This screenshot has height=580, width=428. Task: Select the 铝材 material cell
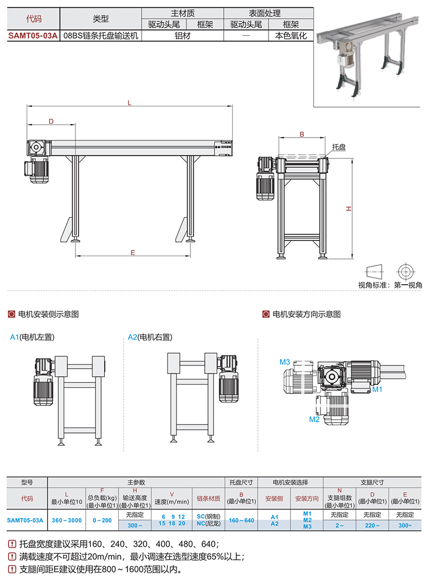(182, 36)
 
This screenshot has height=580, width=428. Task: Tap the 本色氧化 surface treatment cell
(291, 36)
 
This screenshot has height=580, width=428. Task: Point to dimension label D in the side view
(51, 121)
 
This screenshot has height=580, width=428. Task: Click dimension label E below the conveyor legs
(132, 251)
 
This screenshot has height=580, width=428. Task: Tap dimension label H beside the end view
(348, 208)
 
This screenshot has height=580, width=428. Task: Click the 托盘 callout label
(339, 146)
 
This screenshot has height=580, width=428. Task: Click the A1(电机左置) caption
(33, 337)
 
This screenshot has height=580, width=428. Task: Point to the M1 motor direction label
(377, 390)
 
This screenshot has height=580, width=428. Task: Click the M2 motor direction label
(314, 419)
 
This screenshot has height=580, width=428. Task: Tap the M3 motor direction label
(285, 362)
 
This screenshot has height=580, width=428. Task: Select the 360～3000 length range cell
(67, 520)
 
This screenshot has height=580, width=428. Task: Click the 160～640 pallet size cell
(241, 520)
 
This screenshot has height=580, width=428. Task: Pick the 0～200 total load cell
(102, 520)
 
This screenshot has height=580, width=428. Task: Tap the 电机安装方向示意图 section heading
(306, 314)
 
